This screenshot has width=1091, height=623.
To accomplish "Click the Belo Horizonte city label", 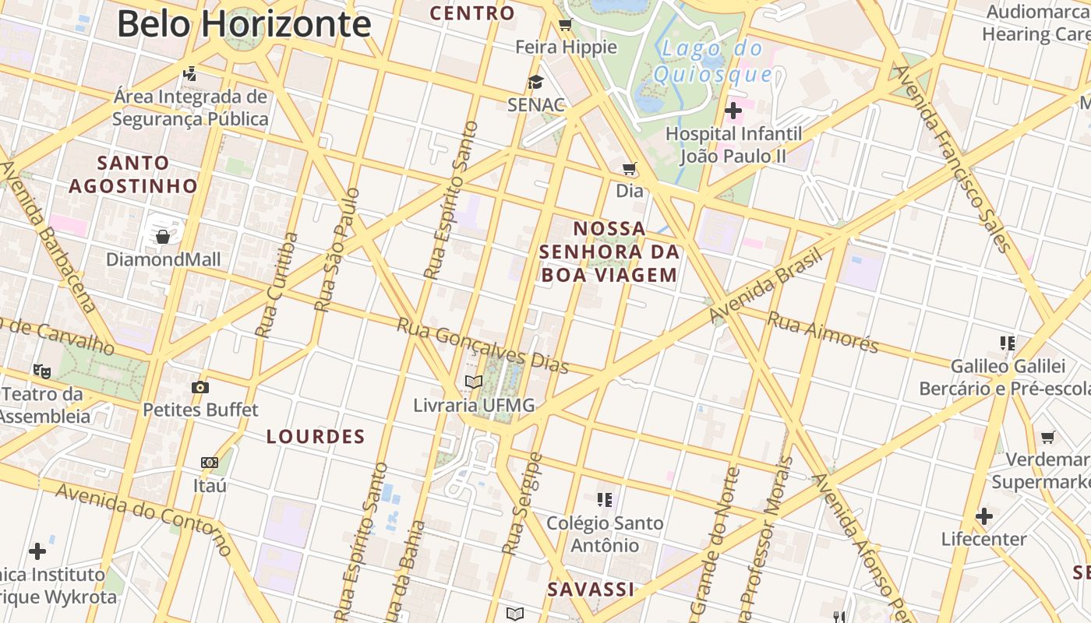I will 243,24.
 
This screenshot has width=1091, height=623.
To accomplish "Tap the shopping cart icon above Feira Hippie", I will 566,25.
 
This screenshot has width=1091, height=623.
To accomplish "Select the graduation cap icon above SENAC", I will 535,82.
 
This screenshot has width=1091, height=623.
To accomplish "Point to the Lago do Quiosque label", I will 712,62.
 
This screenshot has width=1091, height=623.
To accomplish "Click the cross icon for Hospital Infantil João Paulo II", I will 733,111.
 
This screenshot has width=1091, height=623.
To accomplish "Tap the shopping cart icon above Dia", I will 630,168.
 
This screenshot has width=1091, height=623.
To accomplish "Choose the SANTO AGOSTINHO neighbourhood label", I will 133,174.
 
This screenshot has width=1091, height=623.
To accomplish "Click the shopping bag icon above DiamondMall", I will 163,236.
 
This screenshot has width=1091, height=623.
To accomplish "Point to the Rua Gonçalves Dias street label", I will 482,346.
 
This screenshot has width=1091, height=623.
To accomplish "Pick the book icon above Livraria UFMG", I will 473,382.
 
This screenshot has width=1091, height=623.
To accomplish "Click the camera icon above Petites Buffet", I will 200,387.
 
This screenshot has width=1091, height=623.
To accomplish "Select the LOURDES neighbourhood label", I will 316,437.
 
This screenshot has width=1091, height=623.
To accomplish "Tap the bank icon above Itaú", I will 209,463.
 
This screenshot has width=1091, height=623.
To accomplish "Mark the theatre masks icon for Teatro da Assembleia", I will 42,371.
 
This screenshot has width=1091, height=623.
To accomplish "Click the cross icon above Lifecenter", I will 983,516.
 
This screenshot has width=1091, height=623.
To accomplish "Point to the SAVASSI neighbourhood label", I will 591,590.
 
